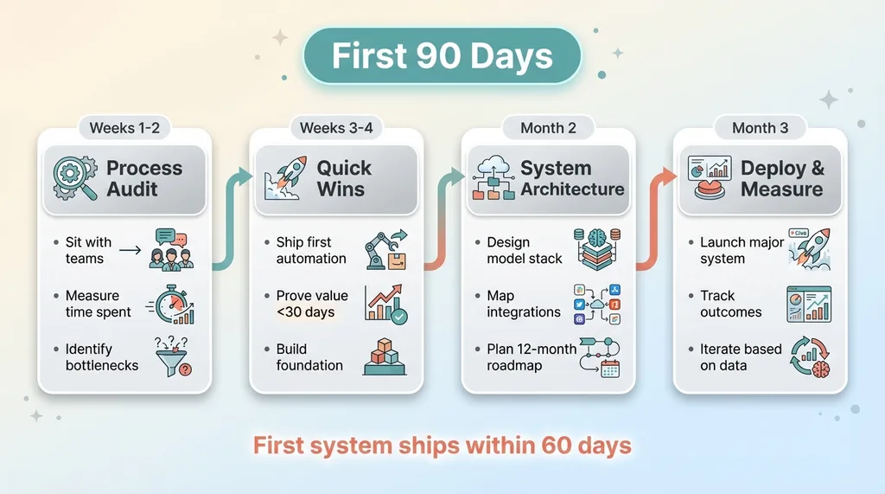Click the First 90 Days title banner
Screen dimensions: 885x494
pos(442,56)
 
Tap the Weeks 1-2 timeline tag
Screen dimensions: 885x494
pos(124,128)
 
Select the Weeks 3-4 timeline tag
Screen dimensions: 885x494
pos(336,128)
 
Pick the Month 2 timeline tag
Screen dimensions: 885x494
pos(548,128)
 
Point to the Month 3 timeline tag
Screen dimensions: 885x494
pos(760,128)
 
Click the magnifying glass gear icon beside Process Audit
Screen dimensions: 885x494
pos(74,178)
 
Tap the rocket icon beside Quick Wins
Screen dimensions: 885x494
pos(285,178)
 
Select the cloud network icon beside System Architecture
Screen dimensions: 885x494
pos(493,178)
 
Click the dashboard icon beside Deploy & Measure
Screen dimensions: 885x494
pos(710,177)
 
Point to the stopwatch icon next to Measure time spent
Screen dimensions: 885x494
pos(172,305)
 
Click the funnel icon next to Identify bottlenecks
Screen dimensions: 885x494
pos(173,356)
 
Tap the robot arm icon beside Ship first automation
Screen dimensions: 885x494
pos(386,250)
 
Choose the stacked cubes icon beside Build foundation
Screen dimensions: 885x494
pos(385,356)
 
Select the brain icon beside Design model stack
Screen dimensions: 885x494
pos(597,250)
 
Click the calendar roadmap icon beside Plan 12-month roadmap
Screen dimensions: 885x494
pos(600,357)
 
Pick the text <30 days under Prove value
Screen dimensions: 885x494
pos(305,312)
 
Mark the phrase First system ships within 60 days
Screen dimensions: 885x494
pos(442,446)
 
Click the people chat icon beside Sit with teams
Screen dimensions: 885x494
pos(172,249)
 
